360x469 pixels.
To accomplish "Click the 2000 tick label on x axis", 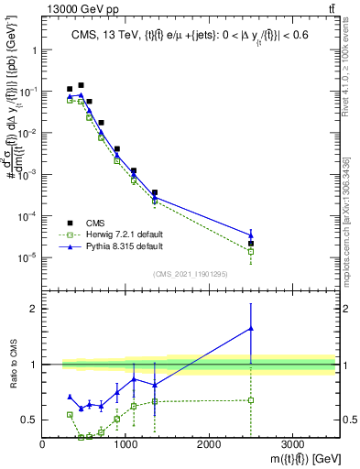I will pos(209,444).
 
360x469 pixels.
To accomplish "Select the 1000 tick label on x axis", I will pos(125,444).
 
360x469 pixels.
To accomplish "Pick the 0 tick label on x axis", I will pos(43,444).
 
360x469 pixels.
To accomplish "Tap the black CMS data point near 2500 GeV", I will pos(251,244).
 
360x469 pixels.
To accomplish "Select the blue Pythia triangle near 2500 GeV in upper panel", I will pos(251,235).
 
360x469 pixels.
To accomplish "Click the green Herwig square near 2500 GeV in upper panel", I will pos(251,251).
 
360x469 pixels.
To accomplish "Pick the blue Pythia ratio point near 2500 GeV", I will pos(251,328).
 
